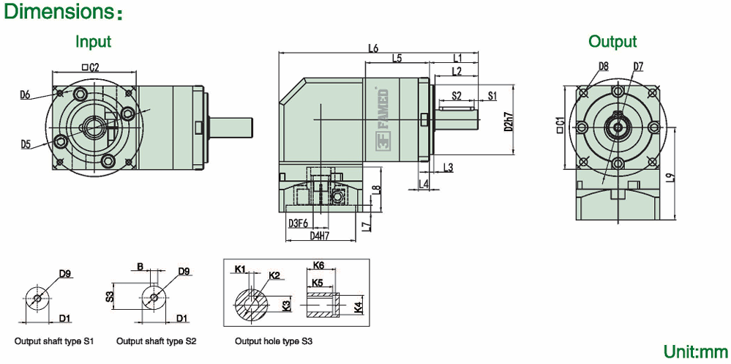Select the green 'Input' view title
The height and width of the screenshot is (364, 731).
[94, 41]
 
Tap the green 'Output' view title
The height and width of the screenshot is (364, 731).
[612, 42]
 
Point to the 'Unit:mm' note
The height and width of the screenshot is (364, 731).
[696, 351]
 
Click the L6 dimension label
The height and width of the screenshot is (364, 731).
[373, 49]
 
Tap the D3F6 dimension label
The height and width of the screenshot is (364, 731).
[298, 223]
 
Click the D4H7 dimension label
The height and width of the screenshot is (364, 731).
[320, 236]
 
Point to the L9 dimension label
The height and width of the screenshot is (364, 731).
[670, 177]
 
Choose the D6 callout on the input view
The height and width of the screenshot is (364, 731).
[26, 94]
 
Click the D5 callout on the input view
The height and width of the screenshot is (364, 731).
[26, 144]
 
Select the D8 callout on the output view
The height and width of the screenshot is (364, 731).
[604, 66]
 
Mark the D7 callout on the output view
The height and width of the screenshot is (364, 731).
[639, 66]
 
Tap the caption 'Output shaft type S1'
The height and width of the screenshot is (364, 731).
[55, 341]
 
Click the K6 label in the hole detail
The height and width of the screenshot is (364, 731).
[318, 264]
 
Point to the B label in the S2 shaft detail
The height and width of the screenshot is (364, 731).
[140, 267]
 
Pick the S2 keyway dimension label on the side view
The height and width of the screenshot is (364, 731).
[456, 95]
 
